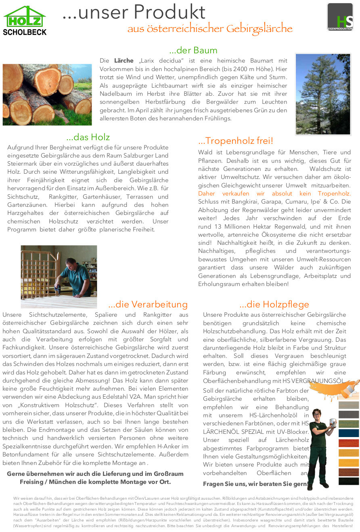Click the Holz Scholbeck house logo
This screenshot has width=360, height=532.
25,20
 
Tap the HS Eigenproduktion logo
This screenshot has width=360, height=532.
340,17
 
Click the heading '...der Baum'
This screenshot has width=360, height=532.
193,50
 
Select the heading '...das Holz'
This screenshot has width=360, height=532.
88,137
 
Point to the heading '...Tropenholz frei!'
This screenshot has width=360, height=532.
236,141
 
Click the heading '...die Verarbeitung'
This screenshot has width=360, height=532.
148,304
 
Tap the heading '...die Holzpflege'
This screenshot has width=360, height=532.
274,304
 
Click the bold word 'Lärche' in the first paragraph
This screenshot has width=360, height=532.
124,61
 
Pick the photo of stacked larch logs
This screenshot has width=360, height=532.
47,95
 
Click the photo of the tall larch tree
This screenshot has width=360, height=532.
323,94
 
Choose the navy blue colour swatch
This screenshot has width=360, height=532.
348,433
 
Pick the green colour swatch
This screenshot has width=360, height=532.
348,424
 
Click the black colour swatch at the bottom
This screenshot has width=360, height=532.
348,481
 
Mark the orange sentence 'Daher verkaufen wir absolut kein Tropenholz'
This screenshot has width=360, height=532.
274,193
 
